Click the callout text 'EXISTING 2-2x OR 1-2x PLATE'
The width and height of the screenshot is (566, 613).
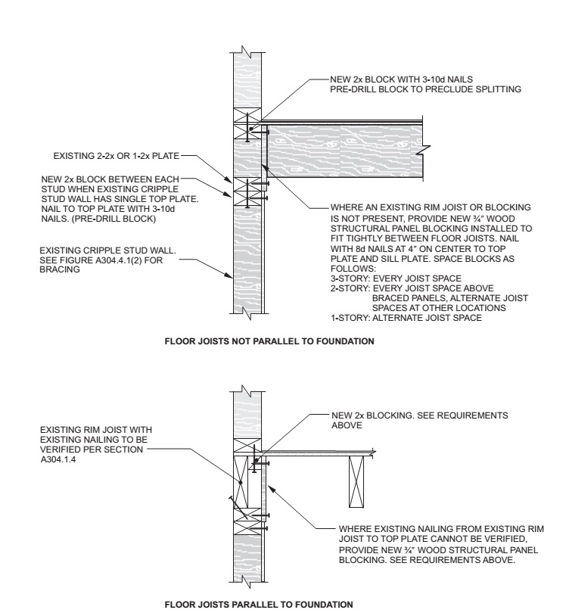(x=115, y=158)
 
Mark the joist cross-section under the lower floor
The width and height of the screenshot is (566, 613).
(x=356, y=483)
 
